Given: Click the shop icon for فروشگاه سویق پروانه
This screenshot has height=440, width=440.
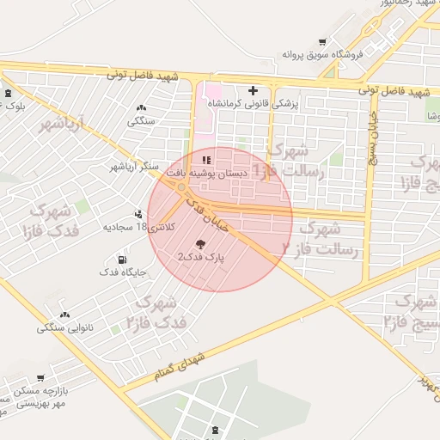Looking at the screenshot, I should pyautogui.click(x=322, y=41).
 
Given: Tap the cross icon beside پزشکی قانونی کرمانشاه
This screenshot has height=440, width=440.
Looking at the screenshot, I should pyautogui.click(x=253, y=89).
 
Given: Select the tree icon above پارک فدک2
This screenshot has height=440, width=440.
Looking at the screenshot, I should pyautogui.click(x=201, y=244).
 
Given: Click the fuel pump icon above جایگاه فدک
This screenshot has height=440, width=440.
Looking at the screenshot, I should pyautogui.click(x=121, y=260).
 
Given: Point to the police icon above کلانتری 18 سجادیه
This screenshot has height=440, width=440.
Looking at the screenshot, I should pyautogui.click(x=138, y=215).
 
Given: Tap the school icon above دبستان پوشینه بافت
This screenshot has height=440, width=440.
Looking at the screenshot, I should pyautogui.click(x=205, y=160).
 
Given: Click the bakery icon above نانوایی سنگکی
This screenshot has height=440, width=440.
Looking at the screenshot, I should pyautogui.click(x=65, y=315).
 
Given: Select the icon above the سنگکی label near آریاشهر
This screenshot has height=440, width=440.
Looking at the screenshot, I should pyautogui.click(x=141, y=107).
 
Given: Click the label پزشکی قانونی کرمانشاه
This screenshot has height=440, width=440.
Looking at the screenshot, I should pyautogui.click(x=254, y=103).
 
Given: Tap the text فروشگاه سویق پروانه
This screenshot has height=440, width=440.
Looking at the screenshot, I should pyautogui.click(x=323, y=55).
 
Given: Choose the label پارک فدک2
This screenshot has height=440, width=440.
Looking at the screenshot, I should pyautogui.click(x=200, y=257).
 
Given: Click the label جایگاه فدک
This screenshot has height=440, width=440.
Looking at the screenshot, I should pyautogui.click(x=122, y=272).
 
